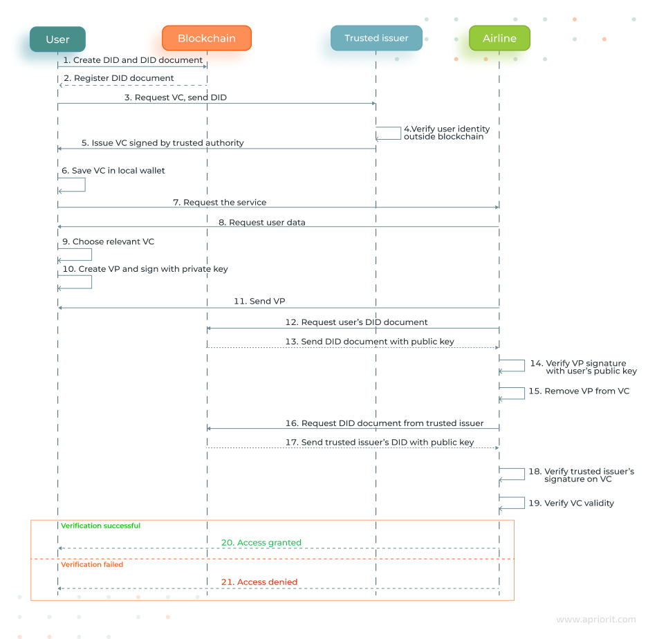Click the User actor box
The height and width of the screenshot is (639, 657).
[57, 39]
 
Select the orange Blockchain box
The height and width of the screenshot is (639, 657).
[207, 38]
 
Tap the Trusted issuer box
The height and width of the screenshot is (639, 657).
[376, 38]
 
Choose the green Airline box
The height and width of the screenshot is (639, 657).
[499, 38]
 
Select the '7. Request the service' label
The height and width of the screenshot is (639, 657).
[219, 202]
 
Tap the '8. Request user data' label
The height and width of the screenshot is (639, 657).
[261, 222]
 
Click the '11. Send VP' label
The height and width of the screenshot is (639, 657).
[259, 301]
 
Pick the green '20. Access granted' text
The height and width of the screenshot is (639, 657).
[261, 543]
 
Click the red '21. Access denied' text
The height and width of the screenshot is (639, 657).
[259, 582]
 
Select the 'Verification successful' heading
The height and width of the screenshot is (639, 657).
[100, 526]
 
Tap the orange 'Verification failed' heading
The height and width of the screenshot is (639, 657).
[92, 564]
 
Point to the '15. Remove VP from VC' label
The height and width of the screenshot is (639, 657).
[579, 391]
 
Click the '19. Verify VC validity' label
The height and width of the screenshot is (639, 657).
[571, 503]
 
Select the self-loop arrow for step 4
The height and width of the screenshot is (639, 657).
[389, 133]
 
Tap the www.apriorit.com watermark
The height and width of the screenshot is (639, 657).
[595, 620]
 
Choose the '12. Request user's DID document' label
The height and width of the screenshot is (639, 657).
[356, 322]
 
